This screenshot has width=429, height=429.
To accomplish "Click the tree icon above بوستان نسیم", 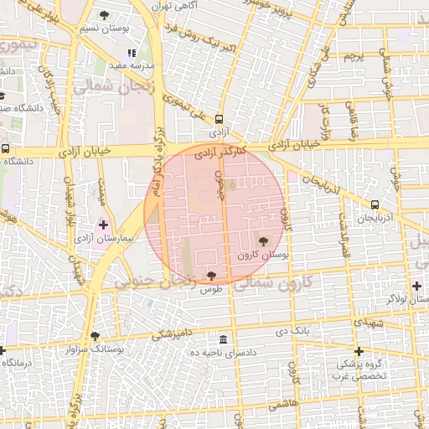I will [x=104, y=15].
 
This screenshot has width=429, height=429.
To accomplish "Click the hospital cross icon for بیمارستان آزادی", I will [x=103, y=225].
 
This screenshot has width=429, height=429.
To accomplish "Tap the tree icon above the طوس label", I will [x=210, y=275].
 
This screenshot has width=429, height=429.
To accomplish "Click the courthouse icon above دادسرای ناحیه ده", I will [x=223, y=339].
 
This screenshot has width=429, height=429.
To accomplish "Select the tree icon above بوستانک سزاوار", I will [x=95, y=335].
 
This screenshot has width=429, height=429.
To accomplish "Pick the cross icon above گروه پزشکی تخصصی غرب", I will [x=359, y=351].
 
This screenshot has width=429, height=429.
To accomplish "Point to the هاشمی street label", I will [x=282, y=403].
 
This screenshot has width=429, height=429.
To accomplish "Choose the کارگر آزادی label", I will [x=220, y=153].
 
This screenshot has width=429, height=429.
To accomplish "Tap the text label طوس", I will [x=210, y=289].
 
